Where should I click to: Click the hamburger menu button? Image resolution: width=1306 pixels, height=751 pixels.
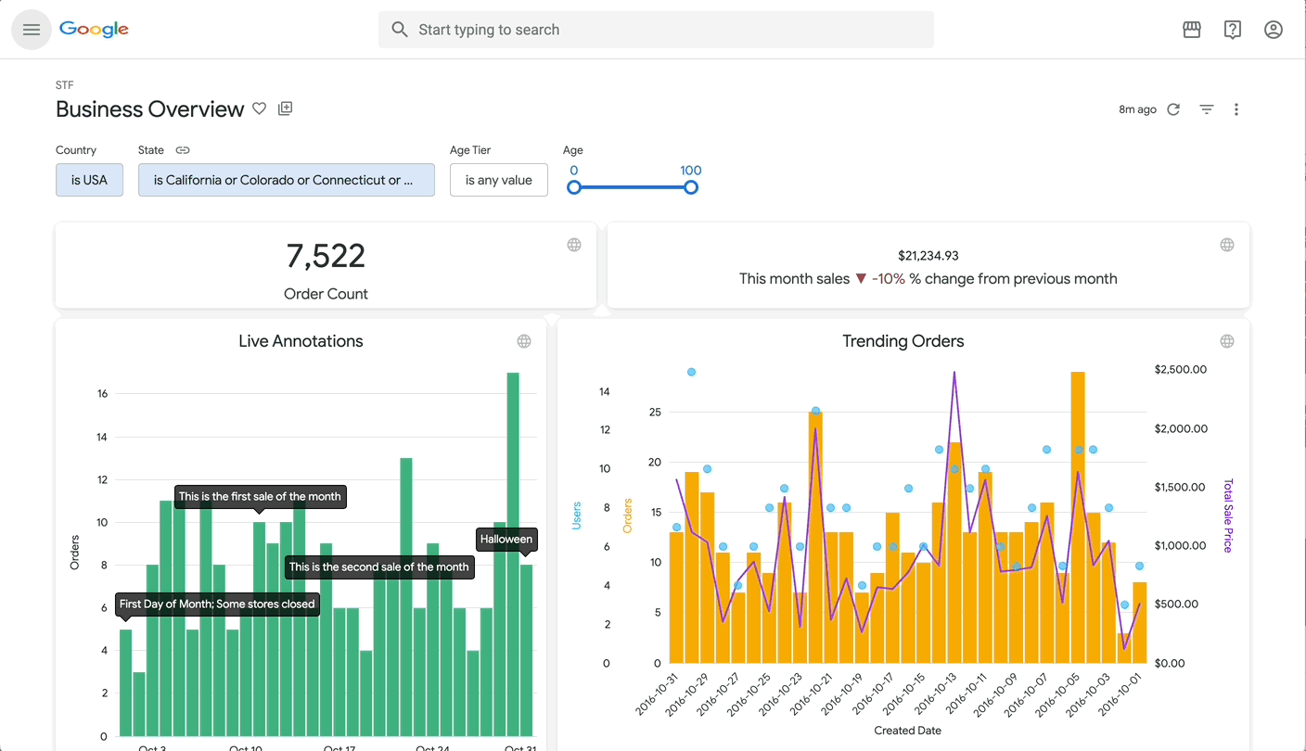click(x=32, y=30)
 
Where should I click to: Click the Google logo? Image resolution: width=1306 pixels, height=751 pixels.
click(x=94, y=30)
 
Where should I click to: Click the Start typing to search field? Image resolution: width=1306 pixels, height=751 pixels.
click(x=655, y=30)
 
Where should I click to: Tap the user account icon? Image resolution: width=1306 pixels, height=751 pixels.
click(x=1274, y=30)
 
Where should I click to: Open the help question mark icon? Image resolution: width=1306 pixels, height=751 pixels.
click(x=1233, y=30)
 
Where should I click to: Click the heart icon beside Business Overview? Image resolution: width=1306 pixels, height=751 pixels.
click(x=260, y=108)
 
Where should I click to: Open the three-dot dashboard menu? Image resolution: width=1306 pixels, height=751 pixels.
click(x=1236, y=109)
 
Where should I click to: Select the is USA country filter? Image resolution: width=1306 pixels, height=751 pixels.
click(x=89, y=180)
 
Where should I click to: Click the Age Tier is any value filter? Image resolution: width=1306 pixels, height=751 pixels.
click(x=498, y=180)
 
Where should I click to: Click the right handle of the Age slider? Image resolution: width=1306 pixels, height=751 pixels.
click(x=690, y=187)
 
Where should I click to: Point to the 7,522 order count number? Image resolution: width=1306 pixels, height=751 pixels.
click(x=326, y=256)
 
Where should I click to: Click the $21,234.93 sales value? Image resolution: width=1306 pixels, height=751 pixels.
click(x=928, y=256)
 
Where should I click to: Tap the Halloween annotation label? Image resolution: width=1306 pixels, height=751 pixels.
click(x=506, y=539)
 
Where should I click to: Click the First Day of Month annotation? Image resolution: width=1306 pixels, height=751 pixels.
click(x=217, y=604)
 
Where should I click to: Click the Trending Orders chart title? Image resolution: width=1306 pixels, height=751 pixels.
click(x=903, y=341)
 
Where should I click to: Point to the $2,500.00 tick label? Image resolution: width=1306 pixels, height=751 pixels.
click(x=1180, y=369)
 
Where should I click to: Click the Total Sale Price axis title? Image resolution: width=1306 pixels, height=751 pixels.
click(x=1229, y=516)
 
